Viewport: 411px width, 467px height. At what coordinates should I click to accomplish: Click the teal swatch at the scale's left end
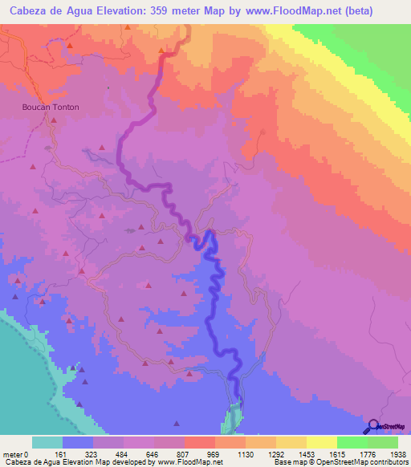[x=47, y=442]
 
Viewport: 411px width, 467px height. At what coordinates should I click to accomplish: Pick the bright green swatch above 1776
[x=352, y=442]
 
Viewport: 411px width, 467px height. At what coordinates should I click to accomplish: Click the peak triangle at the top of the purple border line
[x=162, y=52]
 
